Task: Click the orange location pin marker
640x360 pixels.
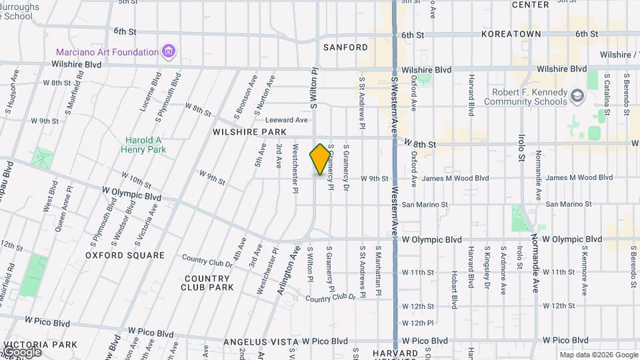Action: point(320,159)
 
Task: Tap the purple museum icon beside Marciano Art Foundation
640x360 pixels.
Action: point(169,51)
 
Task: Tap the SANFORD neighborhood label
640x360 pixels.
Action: point(345,47)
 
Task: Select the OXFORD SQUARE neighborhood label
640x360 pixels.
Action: point(125,255)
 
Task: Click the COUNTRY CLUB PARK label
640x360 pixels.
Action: point(207,283)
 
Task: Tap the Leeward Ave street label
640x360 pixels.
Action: point(287,120)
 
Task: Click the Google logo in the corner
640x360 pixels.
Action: point(22,351)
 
